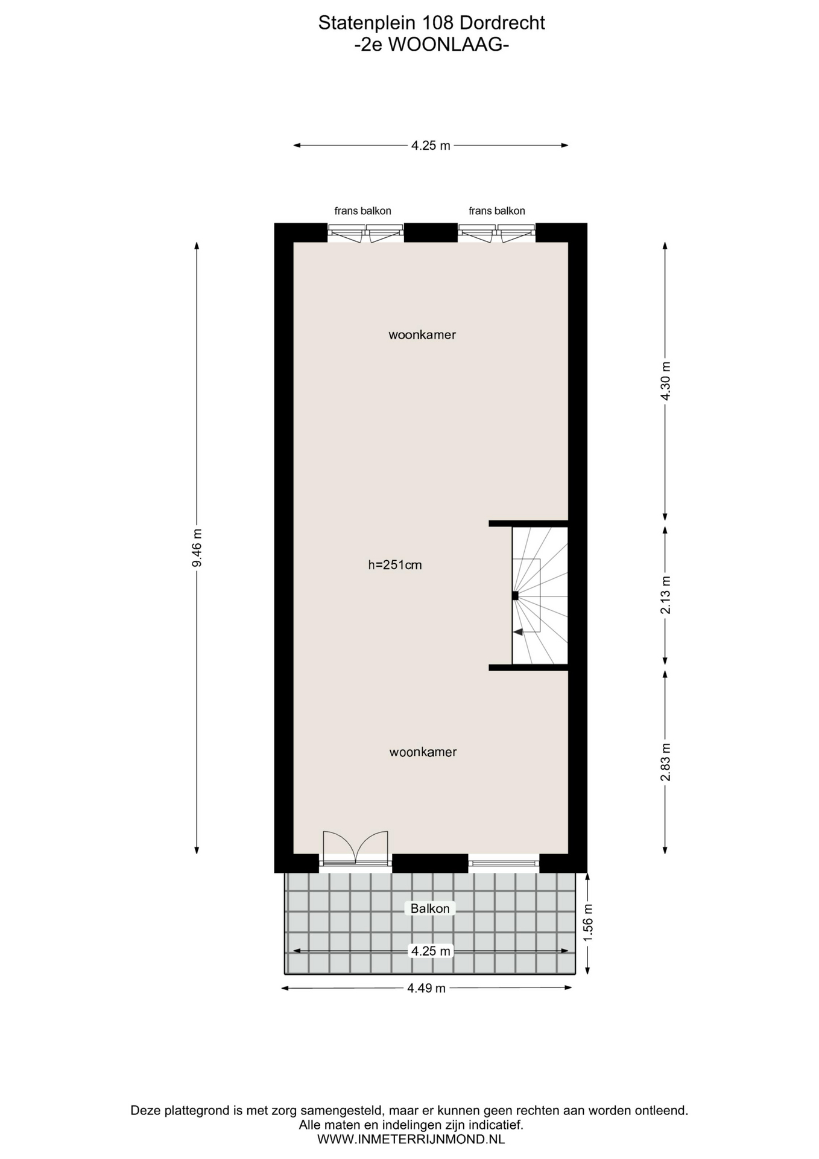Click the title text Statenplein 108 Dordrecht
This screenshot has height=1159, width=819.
coord(431,23)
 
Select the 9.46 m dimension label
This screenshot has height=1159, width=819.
coord(197,548)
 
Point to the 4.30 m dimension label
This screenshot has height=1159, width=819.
coord(665,381)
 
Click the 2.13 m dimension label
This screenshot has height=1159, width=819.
coord(665,595)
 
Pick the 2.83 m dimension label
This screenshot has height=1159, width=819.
coord(665,761)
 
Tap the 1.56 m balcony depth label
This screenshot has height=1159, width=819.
coord(588,922)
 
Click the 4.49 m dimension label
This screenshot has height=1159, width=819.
coord(426,988)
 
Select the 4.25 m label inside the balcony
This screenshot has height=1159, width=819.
coord(431,951)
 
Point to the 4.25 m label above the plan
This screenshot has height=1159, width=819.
coord(431,145)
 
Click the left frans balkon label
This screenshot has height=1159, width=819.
coord(363,211)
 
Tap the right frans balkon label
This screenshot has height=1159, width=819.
coord(497,211)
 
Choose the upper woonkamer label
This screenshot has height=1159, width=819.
coord(422,335)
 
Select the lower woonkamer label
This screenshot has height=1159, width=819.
coord(423,752)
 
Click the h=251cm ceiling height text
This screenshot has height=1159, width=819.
coord(395,566)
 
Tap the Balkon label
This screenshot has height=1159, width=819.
coord(430,908)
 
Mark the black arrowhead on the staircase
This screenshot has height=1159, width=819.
coord(517,631)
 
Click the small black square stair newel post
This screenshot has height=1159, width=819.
coord(515,595)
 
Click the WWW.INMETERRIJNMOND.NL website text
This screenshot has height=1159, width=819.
coord(411,1139)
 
